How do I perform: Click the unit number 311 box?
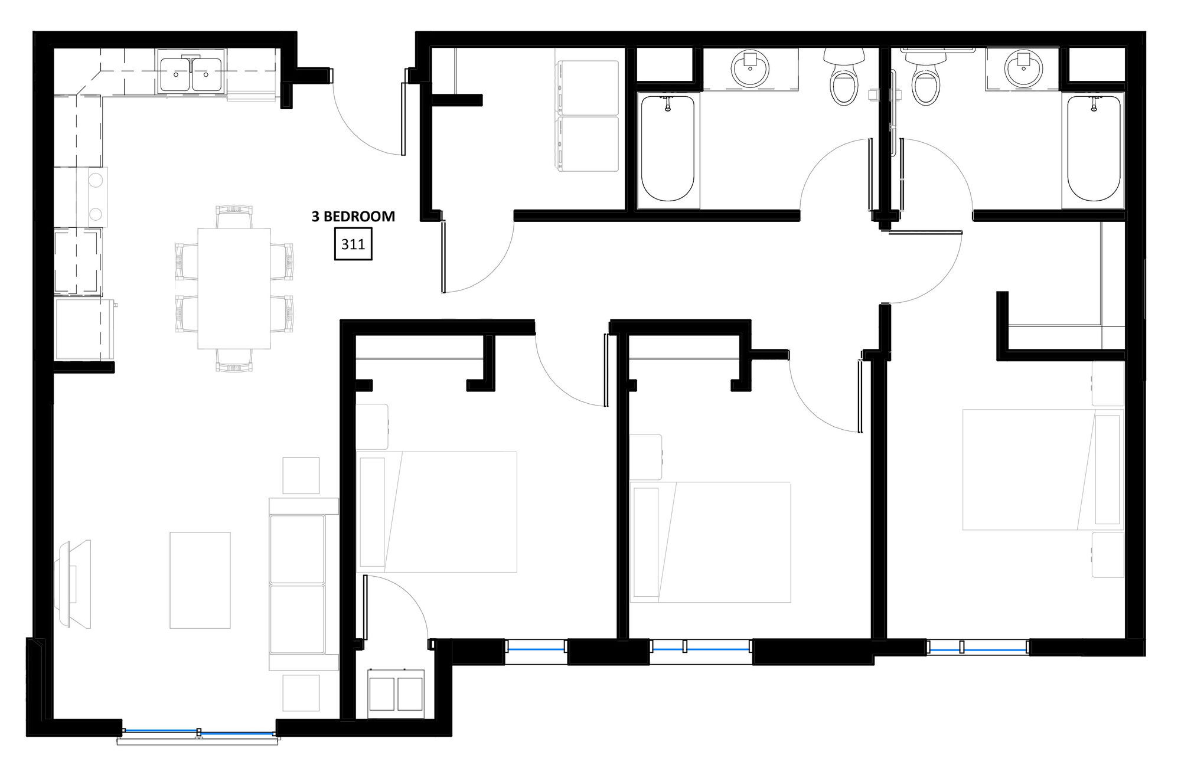click(x=353, y=243)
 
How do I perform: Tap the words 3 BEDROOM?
click(x=353, y=217)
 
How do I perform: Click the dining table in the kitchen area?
click(x=234, y=289)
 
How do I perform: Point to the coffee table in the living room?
click(x=200, y=580)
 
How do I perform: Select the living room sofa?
click(x=304, y=584)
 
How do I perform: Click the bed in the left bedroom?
click(x=437, y=512)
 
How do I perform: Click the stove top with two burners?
click(x=95, y=196)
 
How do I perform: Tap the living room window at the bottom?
click(x=199, y=733)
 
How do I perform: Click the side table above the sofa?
click(x=301, y=475)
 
